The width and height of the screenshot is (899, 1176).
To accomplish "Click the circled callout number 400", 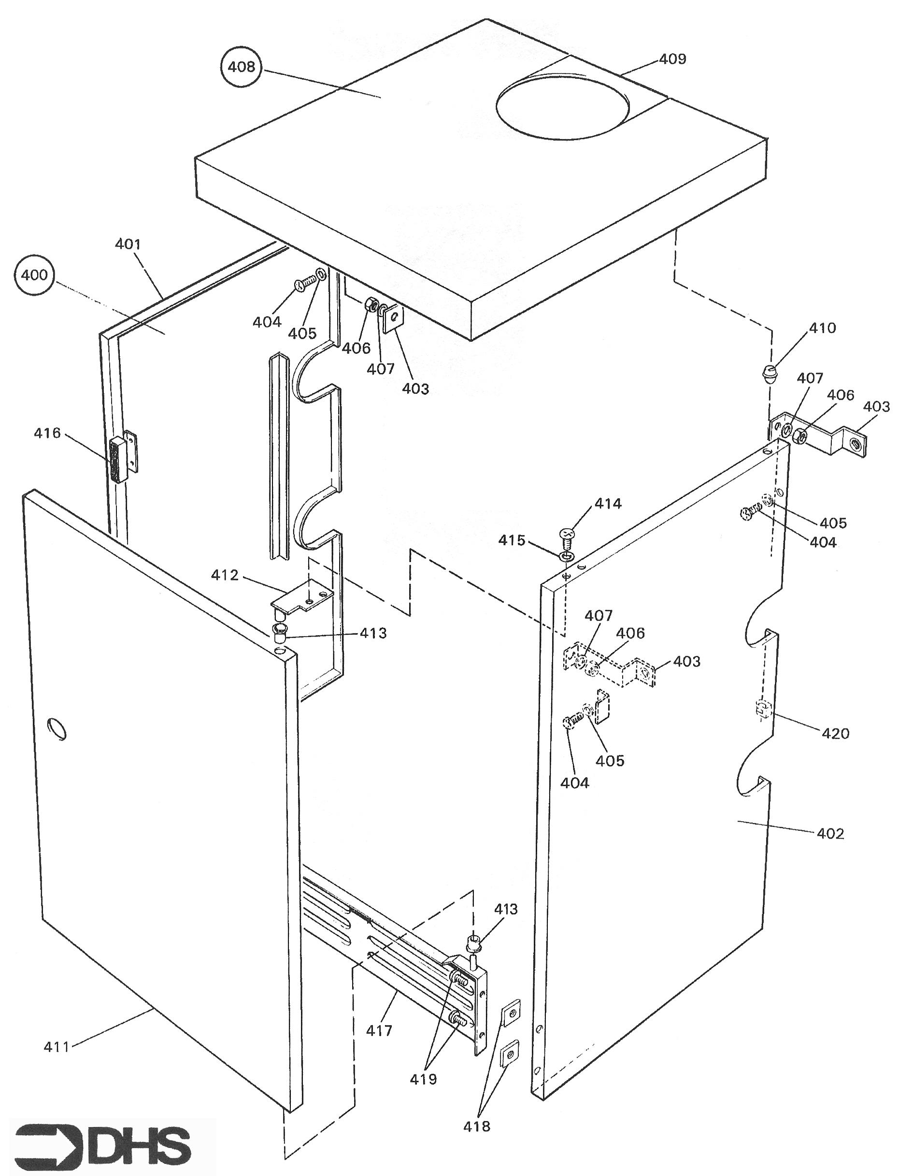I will [x=34, y=275].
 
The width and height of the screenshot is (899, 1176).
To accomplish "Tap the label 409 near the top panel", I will [x=672, y=59].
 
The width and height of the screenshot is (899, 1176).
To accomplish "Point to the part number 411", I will [x=57, y=1046].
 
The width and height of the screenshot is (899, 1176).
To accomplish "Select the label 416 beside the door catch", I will [x=47, y=433].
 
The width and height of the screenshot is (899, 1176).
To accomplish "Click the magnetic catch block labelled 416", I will [x=117, y=459].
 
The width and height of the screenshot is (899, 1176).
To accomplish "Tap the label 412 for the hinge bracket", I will [x=224, y=575].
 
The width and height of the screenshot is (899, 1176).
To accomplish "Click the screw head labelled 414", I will [x=567, y=534].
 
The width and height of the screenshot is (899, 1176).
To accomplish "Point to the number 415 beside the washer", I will [x=512, y=540].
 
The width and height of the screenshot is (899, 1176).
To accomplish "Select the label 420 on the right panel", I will [x=835, y=733].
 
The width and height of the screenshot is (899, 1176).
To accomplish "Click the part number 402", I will [x=830, y=833].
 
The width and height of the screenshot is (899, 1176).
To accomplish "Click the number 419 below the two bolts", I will [x=423, y=1079].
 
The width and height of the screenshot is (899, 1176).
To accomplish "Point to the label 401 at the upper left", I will [x=128, y=244].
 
